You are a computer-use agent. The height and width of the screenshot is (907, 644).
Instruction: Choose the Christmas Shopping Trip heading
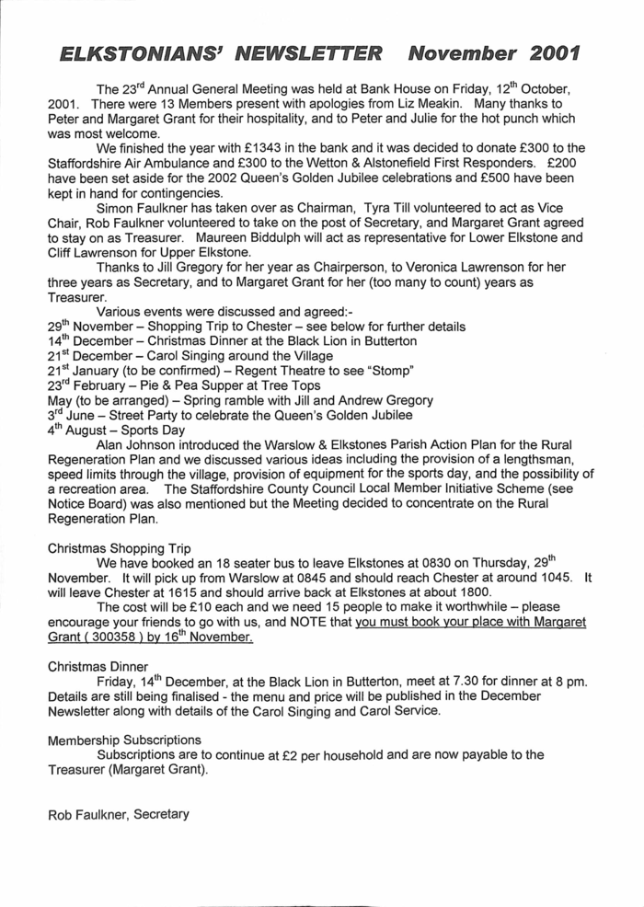119,547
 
